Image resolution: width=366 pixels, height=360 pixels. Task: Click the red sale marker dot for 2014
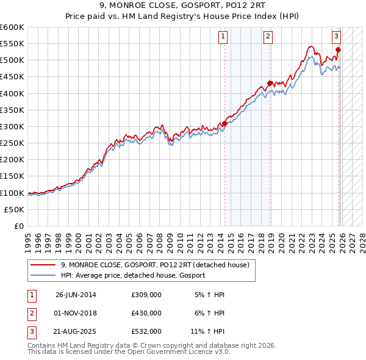(x=224, y=124)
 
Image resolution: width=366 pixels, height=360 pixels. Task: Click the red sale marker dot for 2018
(x=270, y=84)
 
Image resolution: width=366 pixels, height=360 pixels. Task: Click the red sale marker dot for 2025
(x=338, y=50)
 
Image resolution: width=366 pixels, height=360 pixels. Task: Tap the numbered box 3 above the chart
(x=336, y=36)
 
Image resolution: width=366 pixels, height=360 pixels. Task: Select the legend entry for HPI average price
(x=133, y=276)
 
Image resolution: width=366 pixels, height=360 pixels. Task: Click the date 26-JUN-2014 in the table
(x=76, y=295)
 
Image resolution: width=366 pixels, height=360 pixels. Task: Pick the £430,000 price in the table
(x=146, y=312)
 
